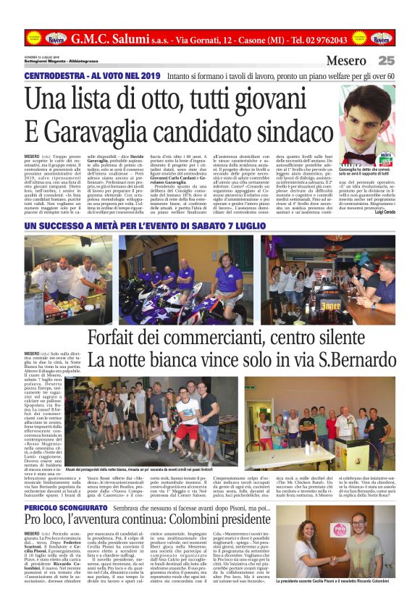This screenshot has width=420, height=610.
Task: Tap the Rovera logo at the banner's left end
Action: pos(56,38)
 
